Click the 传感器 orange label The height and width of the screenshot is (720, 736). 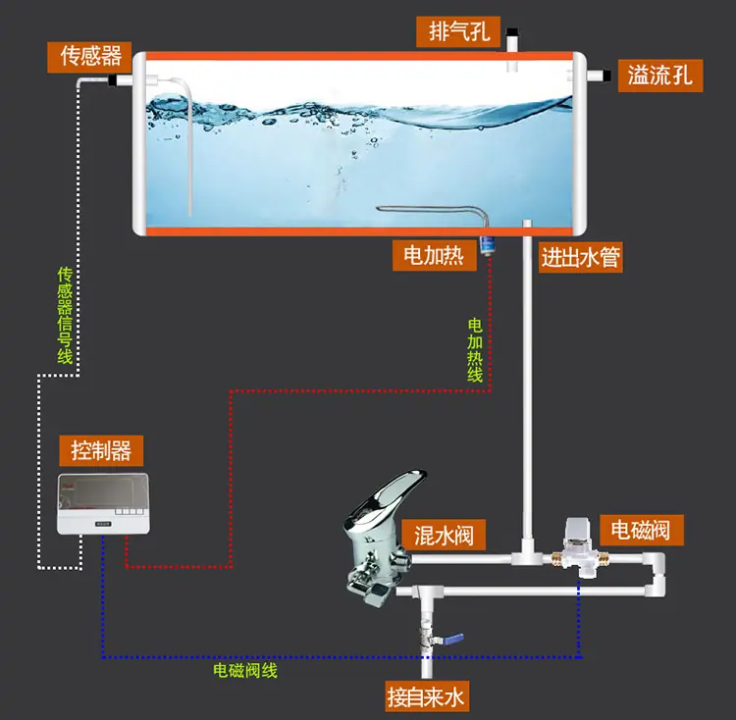(89, 57)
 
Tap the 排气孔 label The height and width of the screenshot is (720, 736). (458, 31)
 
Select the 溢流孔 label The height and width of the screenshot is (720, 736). (660, 76)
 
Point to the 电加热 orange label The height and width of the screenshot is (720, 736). (435, 255)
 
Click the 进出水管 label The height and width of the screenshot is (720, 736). (581, 257)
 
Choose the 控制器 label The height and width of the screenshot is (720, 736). (101, 450)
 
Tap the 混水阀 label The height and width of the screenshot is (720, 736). (444, 535)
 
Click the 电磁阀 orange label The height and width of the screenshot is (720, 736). (641, 530)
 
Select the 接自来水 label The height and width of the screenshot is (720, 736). (427, 696)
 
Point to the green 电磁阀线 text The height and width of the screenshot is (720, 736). (245, 670)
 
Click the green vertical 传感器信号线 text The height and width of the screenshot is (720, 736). (65, 315)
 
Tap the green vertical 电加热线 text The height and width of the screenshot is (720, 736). (475, 350)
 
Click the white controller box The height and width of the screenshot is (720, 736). (103, 504)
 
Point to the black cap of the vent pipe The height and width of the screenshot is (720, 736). (512, 32)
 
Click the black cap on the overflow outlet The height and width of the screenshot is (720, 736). (606, 76)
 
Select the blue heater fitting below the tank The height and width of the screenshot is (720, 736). (486, 245)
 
